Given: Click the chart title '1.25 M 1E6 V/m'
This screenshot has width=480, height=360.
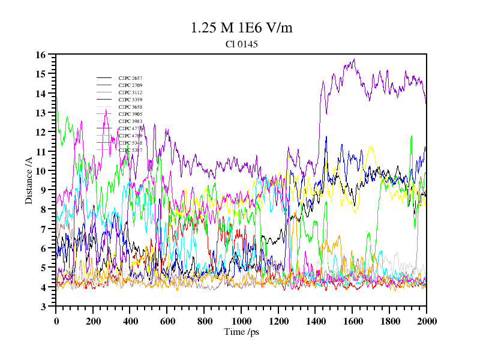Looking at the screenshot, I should (241, 28).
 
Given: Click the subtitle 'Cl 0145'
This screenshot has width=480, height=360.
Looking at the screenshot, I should (241, 44).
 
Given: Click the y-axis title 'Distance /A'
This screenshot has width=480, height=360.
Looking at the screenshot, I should (29, 180).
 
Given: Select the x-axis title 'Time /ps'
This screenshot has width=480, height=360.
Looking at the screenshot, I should (241, 332).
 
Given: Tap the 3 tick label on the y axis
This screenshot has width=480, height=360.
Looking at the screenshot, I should (43, 307).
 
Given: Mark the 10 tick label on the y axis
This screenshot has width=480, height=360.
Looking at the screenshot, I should (41, 171).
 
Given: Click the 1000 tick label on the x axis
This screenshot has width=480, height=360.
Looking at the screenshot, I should (241, 321).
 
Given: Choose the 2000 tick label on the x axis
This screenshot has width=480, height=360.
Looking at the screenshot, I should (426, 321).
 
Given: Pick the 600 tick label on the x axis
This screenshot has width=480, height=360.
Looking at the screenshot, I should (167, 321).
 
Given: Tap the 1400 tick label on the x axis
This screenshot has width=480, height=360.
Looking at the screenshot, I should (316, 321).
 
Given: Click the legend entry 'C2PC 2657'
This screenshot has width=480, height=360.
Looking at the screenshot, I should (130, 78).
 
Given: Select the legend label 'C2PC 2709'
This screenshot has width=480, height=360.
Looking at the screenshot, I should (130, 85).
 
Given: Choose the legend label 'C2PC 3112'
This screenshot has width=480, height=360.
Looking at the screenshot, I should (130, 92).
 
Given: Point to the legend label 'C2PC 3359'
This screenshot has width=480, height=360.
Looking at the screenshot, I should (130, 100).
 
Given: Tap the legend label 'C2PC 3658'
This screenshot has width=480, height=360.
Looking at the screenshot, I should (130, 107).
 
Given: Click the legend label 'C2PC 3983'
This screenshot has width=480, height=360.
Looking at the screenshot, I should (130, 121).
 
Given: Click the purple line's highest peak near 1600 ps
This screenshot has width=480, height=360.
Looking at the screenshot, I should (355, 59).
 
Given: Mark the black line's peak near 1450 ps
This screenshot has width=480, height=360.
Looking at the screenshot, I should (326, 137).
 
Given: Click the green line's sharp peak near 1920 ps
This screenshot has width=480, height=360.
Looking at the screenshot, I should (412, 136).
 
